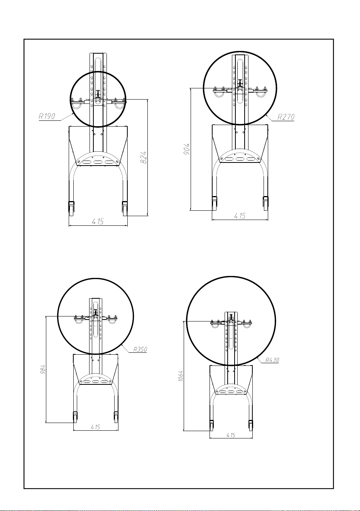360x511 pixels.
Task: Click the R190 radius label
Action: [47, 116]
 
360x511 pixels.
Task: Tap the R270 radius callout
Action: [286, 117]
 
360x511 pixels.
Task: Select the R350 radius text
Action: [140, 349]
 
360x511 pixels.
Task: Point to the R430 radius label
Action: [272, 360]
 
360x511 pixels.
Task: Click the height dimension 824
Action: [143, 157]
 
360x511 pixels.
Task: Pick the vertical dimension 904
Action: [187, 149]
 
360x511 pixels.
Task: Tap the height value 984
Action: [43, 370]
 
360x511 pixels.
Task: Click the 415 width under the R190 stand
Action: [98, 221]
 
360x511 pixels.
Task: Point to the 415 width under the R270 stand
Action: [240, 216]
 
